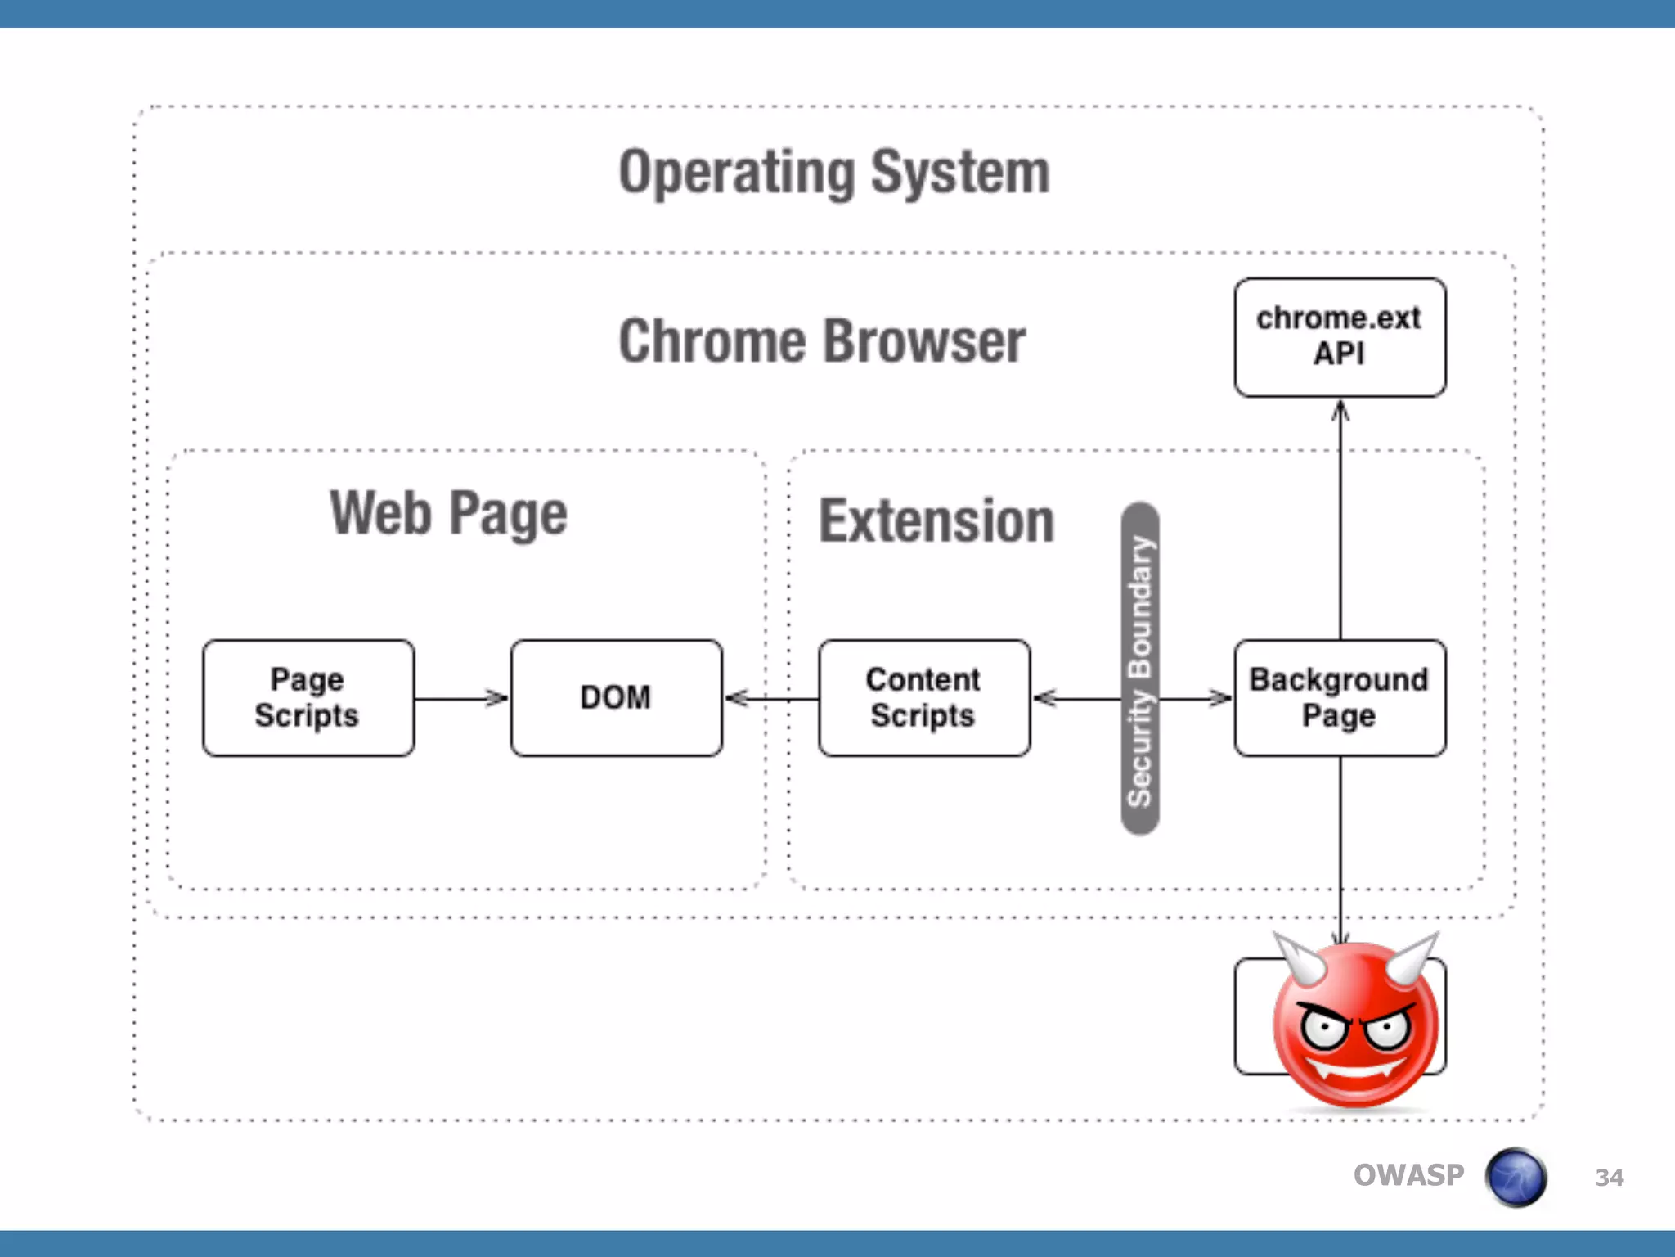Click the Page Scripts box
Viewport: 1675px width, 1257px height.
coord(308,698)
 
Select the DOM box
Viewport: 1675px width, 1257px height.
coord(616,698)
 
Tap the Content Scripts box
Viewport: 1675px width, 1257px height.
coord(923,698)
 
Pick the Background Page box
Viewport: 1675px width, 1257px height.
coord(1339,698)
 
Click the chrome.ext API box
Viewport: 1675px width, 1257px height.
coord(1339,337)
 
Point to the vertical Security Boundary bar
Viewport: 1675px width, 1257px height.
coord(1139,669)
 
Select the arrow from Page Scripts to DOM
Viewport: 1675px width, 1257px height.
coord(460,698)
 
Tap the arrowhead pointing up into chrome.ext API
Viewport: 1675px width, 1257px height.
coord(1340,411)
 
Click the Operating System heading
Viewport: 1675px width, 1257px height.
coord(834,173)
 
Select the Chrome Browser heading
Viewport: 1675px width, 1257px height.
coord(822,341)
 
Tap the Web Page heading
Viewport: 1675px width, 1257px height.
coord(448,514)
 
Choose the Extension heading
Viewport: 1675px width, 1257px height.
coord(936,521)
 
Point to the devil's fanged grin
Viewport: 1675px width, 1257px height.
coord(1356,1069)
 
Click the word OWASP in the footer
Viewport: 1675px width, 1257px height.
coord(1408,1175)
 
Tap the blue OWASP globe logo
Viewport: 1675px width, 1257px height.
coord(1516,1177)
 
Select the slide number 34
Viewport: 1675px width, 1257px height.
coord(1609,1178)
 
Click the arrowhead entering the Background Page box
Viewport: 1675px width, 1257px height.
coord(1220,698)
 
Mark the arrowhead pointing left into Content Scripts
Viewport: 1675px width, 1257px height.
coord(1045,698)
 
